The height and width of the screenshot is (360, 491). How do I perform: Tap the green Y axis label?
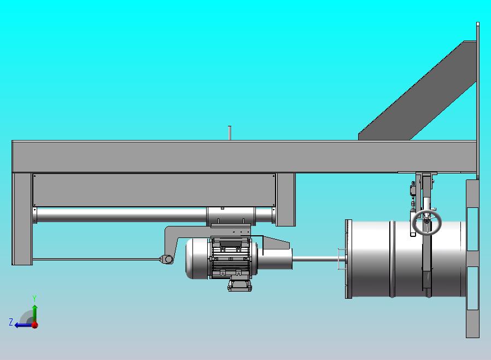[x=34, y=298]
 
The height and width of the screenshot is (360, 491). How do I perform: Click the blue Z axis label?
[x=11, y=322]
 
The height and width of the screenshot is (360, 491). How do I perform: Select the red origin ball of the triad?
[x=35, y=325]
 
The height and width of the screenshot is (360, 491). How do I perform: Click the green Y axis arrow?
[x=35, y=313]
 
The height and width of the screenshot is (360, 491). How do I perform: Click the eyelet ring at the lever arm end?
[x=168, y=259]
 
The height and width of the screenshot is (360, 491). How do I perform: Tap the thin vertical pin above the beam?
[x=230, y=133]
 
